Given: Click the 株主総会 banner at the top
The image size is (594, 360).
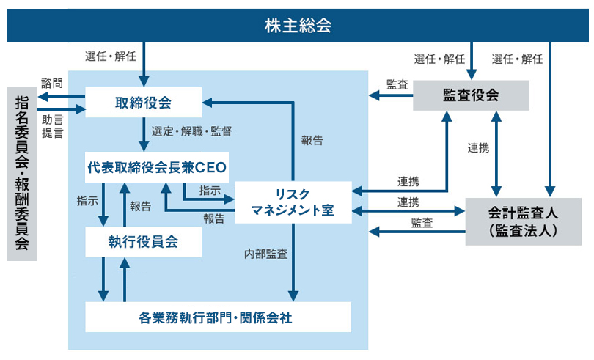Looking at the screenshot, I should click(x=297, y=26).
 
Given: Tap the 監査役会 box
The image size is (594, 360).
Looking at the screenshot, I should click(x=471, y=95).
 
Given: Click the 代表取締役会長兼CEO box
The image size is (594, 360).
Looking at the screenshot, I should click(x=157, y=168).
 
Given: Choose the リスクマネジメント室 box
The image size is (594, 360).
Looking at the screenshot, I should click(x=292, y=202).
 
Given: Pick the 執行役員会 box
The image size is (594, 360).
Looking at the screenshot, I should click(x=144, y=241).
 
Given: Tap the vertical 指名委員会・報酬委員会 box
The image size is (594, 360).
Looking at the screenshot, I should click(x=22, y=173).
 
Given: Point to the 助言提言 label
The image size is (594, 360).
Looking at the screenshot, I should click(x=53, y=125).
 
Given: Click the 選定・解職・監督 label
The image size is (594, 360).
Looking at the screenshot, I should click(x=191, y=132).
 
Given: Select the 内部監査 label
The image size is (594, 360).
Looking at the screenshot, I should click(x=265, y=255).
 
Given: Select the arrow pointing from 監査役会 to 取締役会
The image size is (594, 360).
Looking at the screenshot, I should click(x=389, y=95).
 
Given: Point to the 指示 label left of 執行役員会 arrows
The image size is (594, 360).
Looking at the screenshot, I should click(x=87, y=199).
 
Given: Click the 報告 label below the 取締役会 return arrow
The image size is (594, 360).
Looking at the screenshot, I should click(x=312, y=141).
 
